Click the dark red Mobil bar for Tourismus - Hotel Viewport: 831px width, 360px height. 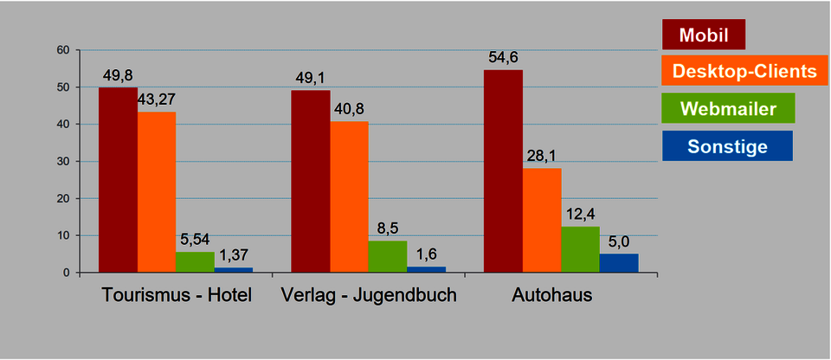coord(118,180)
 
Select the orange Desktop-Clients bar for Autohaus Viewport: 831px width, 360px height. coord(541,220)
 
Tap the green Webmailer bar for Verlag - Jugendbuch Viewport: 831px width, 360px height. coord(387,256)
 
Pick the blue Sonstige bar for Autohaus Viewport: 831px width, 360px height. coord(618,263)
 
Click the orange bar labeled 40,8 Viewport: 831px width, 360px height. coord(349,196)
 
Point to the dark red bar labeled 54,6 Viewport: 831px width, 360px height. coord(503,171)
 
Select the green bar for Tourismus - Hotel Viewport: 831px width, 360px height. coord(195,262)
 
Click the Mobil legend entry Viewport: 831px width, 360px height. coord(703,35)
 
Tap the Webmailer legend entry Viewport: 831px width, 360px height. coord(727,108)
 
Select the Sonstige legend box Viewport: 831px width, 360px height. coord(726,146)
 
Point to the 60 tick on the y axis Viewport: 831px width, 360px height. coord(62,50)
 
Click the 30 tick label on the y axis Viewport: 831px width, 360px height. coord(62,162)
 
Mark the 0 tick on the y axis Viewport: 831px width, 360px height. coord(66,273)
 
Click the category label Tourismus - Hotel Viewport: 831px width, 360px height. coord(177,296)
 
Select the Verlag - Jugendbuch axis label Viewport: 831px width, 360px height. coord(369,296)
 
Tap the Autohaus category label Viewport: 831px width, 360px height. coord(552,296)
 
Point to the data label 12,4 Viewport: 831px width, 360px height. coord(580,214)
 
